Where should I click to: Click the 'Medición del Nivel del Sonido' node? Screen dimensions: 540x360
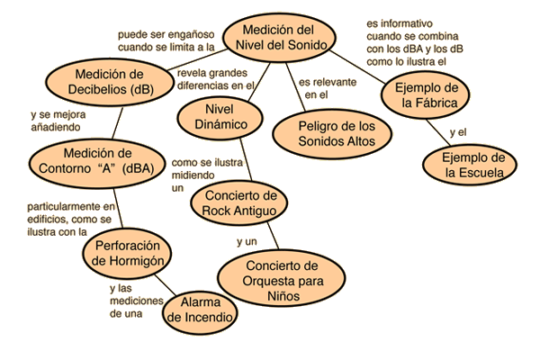click(279, 38)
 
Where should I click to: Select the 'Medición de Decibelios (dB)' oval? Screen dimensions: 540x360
click(110, 82)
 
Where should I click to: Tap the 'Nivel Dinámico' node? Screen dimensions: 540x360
click(220, 117)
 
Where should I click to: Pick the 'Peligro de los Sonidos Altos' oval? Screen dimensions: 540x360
click(332, 134)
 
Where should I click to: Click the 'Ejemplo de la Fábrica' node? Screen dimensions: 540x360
click(426, 95)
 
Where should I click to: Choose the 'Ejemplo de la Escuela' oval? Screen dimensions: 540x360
click(470, 165)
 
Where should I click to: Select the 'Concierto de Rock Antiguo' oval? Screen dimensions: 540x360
click(239, 202)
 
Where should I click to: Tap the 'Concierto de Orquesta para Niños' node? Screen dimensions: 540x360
click(282, 278)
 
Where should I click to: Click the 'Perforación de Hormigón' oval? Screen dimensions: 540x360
click(127, 253)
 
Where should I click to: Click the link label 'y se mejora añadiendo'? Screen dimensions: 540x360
click(58, 121)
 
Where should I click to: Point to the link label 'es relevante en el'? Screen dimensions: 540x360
click(328, 88)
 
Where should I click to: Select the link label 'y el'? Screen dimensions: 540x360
click(458, 132)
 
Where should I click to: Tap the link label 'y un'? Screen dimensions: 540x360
click(247, 242)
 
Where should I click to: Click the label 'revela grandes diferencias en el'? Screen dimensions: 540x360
click(215, 79)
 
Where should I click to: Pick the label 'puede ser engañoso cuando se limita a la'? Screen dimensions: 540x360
click(166, 40)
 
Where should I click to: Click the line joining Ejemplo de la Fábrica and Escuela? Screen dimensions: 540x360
click(438, 132)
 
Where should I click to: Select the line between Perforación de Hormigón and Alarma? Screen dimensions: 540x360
click(166, 285)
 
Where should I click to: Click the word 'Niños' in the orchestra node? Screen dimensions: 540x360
click(283, 296)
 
